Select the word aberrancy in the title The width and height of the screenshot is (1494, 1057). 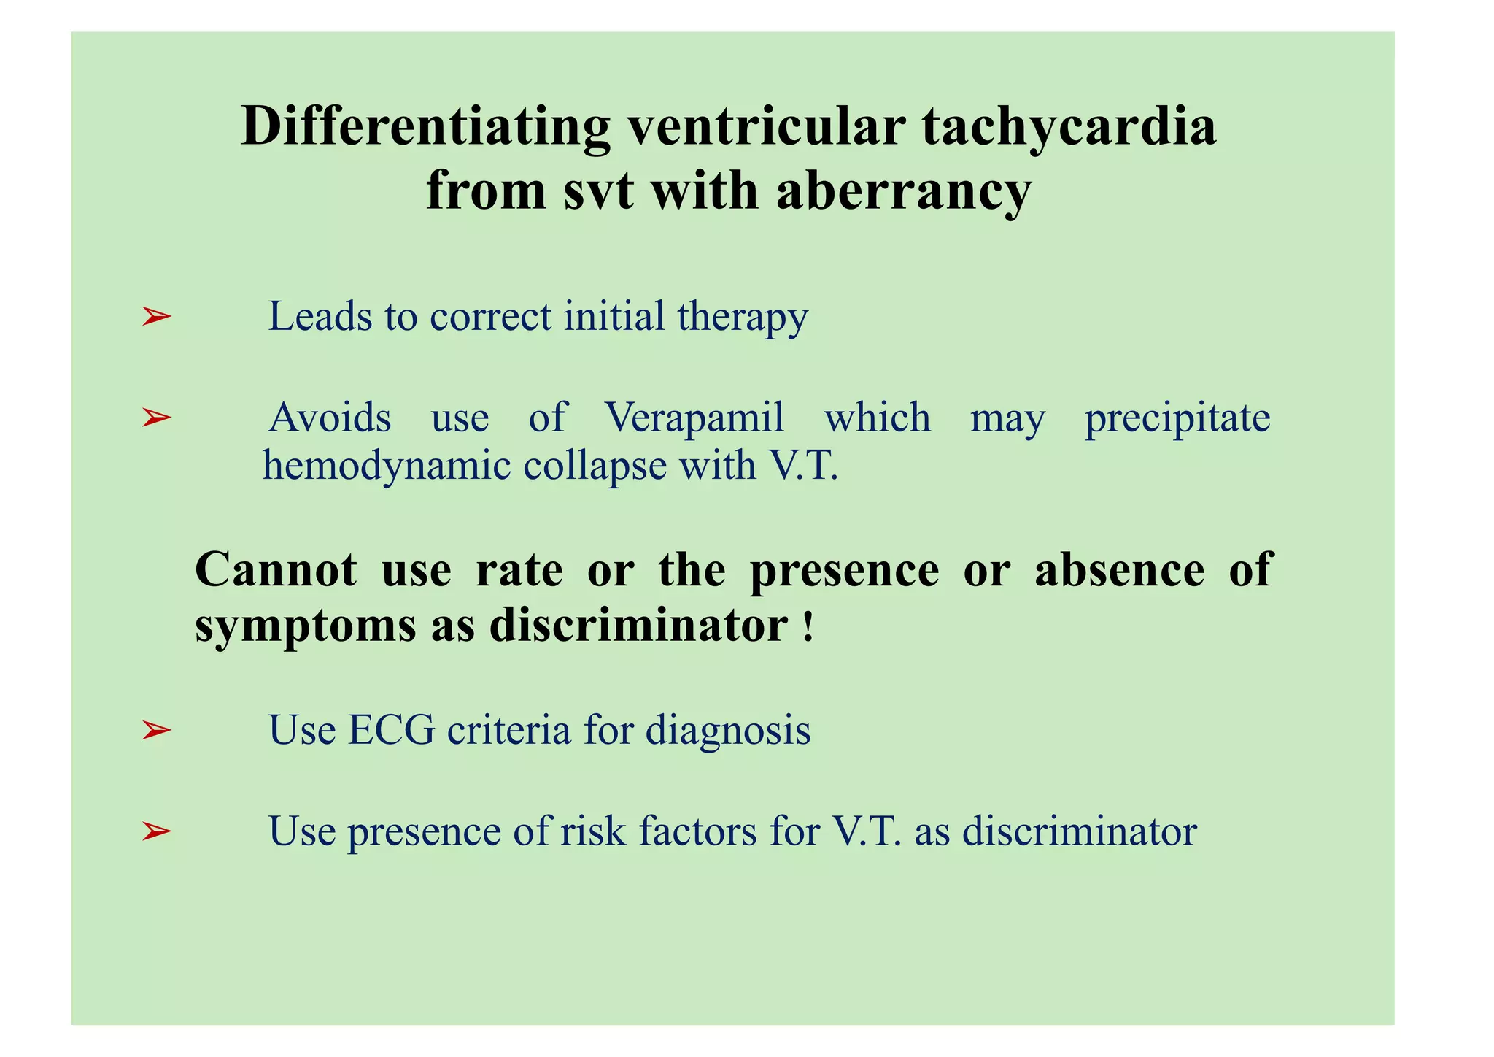coord(903,191)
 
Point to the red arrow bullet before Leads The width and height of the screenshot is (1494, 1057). coord(156,317)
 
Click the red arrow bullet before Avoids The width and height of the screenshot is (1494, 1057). coord(156,418)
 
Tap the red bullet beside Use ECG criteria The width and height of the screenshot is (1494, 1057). coord(156,729)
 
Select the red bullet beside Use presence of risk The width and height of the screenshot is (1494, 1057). coord(156,831)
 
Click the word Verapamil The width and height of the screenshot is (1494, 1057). coord(694,418)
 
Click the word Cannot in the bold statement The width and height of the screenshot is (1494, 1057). coord(276,570)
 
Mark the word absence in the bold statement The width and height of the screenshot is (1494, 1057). coord(1120,570)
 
